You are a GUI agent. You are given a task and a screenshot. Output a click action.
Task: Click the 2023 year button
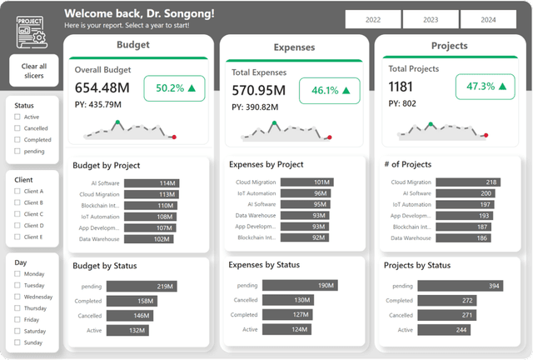(431, 19)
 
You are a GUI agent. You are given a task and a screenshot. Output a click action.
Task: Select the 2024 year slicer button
(488, 19)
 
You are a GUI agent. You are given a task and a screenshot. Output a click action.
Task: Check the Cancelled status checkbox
(17, 128)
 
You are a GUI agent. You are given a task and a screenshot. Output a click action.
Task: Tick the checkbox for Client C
(17, 214)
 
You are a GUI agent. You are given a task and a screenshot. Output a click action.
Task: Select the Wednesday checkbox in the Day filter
(17, 297)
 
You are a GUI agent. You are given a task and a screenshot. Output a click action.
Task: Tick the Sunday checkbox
(17, 342)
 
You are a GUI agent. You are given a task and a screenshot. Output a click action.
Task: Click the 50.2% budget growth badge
(175, 88)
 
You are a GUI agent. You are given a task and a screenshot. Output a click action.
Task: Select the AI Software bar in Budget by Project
(152, 183)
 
